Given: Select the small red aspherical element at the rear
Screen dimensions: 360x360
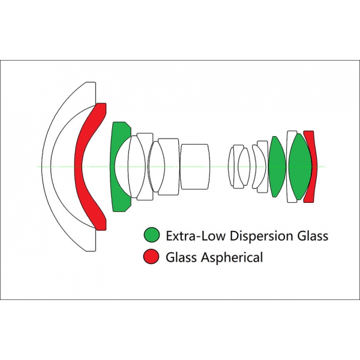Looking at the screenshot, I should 311,166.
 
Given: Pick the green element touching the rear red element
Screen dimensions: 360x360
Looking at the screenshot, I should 299,166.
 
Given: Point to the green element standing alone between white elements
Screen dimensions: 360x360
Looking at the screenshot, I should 277,166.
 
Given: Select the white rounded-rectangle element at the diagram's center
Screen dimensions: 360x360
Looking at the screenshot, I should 196,166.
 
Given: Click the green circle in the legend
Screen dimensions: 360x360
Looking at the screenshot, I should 151,235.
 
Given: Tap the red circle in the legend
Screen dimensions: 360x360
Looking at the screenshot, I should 151,257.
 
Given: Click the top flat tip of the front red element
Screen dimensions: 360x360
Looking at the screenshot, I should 101,106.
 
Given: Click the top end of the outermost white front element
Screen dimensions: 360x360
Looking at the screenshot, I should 89,82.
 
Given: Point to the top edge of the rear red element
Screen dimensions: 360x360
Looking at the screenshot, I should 308,132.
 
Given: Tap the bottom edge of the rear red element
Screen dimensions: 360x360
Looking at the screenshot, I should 308,201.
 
